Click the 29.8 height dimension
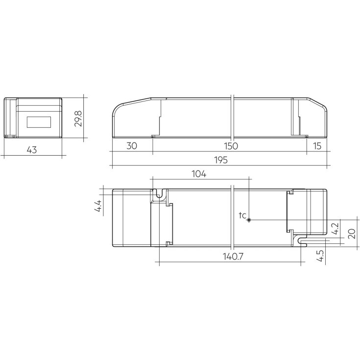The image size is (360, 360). (78, 119)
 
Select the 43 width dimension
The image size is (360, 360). (32, 150)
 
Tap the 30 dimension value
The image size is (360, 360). (132, 146)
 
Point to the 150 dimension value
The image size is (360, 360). (231, 146)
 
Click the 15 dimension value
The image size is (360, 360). (317, 146)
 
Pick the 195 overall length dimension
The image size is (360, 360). (221, 160)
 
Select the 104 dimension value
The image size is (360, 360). (199, 174)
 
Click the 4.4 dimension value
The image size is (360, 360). (98, 206)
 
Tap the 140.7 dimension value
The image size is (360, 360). (233, 257)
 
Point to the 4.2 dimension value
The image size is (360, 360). (336, 229)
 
